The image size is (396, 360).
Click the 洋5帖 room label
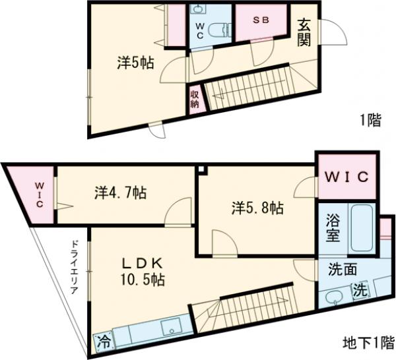pos(136,63)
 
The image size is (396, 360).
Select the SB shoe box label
pos(261,20)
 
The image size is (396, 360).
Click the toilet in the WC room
pos(225,30)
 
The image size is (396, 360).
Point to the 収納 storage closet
pos(195,100)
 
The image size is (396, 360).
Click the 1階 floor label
pos(370,120)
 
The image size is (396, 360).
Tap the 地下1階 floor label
pos(364,343)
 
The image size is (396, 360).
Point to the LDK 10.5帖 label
pos(142,270)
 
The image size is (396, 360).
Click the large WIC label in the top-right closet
pos(347,178)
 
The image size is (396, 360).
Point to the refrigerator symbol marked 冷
pos(104,342)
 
